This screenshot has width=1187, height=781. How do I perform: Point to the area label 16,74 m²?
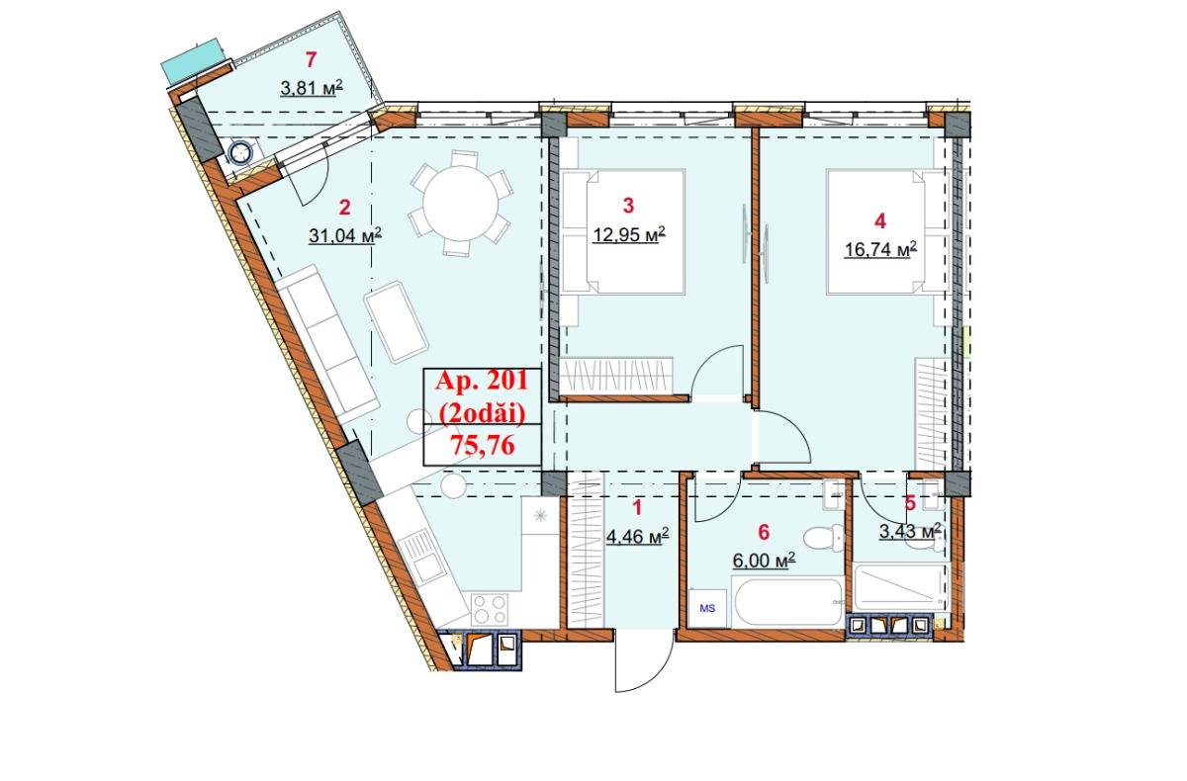[879, 249]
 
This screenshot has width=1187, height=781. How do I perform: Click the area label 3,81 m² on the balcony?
[311, 87]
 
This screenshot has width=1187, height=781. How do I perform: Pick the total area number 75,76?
[482, 445]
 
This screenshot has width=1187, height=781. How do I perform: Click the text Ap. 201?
[482, 381]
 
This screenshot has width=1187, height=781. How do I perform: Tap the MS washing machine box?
[708, 606]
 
